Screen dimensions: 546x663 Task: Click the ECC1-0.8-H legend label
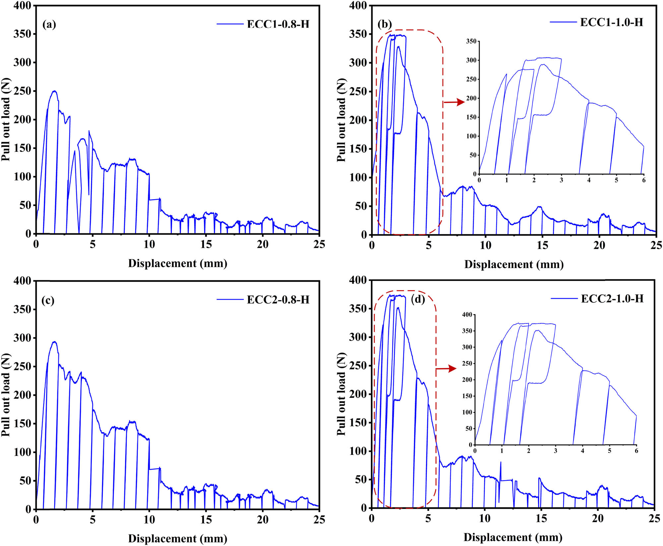278,24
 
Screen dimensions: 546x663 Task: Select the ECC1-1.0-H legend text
612,22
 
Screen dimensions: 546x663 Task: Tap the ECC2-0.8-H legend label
278,300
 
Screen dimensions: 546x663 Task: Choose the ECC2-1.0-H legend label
612,299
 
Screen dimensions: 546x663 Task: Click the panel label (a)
49,24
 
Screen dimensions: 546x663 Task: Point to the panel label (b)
385,24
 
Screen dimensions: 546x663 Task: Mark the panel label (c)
48,300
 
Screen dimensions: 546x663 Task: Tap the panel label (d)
418,299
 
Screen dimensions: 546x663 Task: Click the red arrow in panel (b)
454,102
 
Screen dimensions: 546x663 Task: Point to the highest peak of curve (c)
54,342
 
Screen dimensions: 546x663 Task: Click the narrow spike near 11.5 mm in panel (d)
500,463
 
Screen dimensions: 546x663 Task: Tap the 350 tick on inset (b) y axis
471,41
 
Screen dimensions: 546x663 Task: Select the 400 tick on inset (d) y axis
467,314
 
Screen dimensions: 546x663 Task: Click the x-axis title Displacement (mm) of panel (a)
178,263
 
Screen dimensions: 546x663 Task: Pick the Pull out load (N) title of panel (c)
6,395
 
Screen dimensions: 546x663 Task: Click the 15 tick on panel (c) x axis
206,520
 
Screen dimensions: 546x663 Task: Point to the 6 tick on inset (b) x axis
644,180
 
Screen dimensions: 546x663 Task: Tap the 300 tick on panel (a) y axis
22,62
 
